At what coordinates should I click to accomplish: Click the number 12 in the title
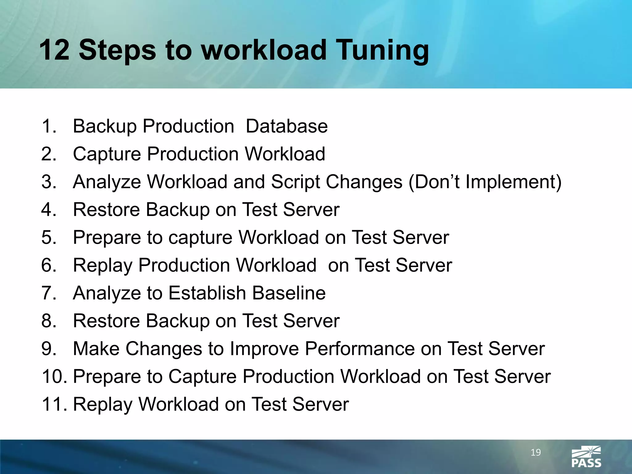[x=54, y=50]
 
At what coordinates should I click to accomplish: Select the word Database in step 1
[x=286, y=126]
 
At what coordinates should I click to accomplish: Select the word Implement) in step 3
[x=513, y=182]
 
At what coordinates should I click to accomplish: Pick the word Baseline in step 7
[x=289, y=293]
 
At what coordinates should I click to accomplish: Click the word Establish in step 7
[x=207, y=293]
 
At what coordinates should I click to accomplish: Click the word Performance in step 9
[x=360, y=349]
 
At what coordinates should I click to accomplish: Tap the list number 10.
[x=54, y=376]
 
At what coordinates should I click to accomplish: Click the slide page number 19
[x=535, y=452]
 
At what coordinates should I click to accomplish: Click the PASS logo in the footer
[x=586, y=457]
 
